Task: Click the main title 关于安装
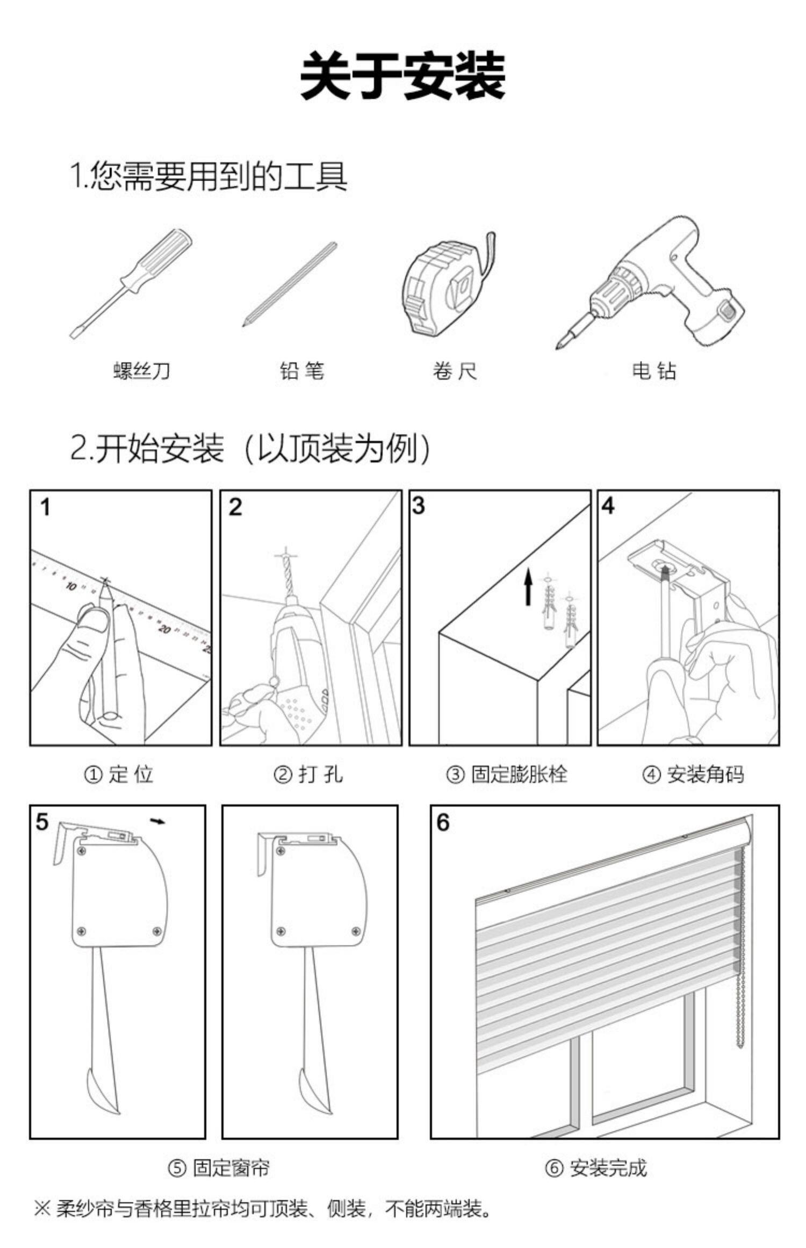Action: coord(402,76)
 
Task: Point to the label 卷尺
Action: coord(455,371)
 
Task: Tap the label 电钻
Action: coord(653,371)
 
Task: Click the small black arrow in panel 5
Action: coord(158,821)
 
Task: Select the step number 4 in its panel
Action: coord(608,506)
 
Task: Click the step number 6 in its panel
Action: coord(443,822)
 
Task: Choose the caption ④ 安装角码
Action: coord(693,774)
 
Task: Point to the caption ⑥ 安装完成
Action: coord(596,1168)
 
